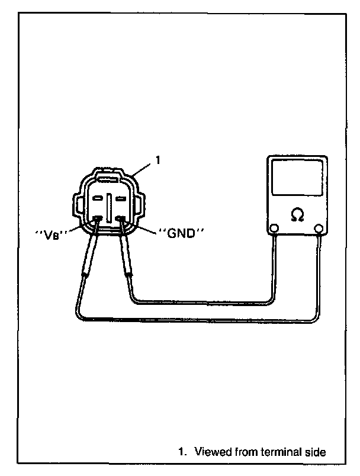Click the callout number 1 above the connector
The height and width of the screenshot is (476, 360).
click(157, 159)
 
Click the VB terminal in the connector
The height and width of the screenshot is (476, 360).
click(98, 218)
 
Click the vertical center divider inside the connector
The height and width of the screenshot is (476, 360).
click(109, 207)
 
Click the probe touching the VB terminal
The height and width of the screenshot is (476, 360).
click(89, 255)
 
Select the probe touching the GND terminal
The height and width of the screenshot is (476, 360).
click(126, 255)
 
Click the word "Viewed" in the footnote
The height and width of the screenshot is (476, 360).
click(212, 453)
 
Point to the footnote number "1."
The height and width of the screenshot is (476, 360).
click(182, 453)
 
